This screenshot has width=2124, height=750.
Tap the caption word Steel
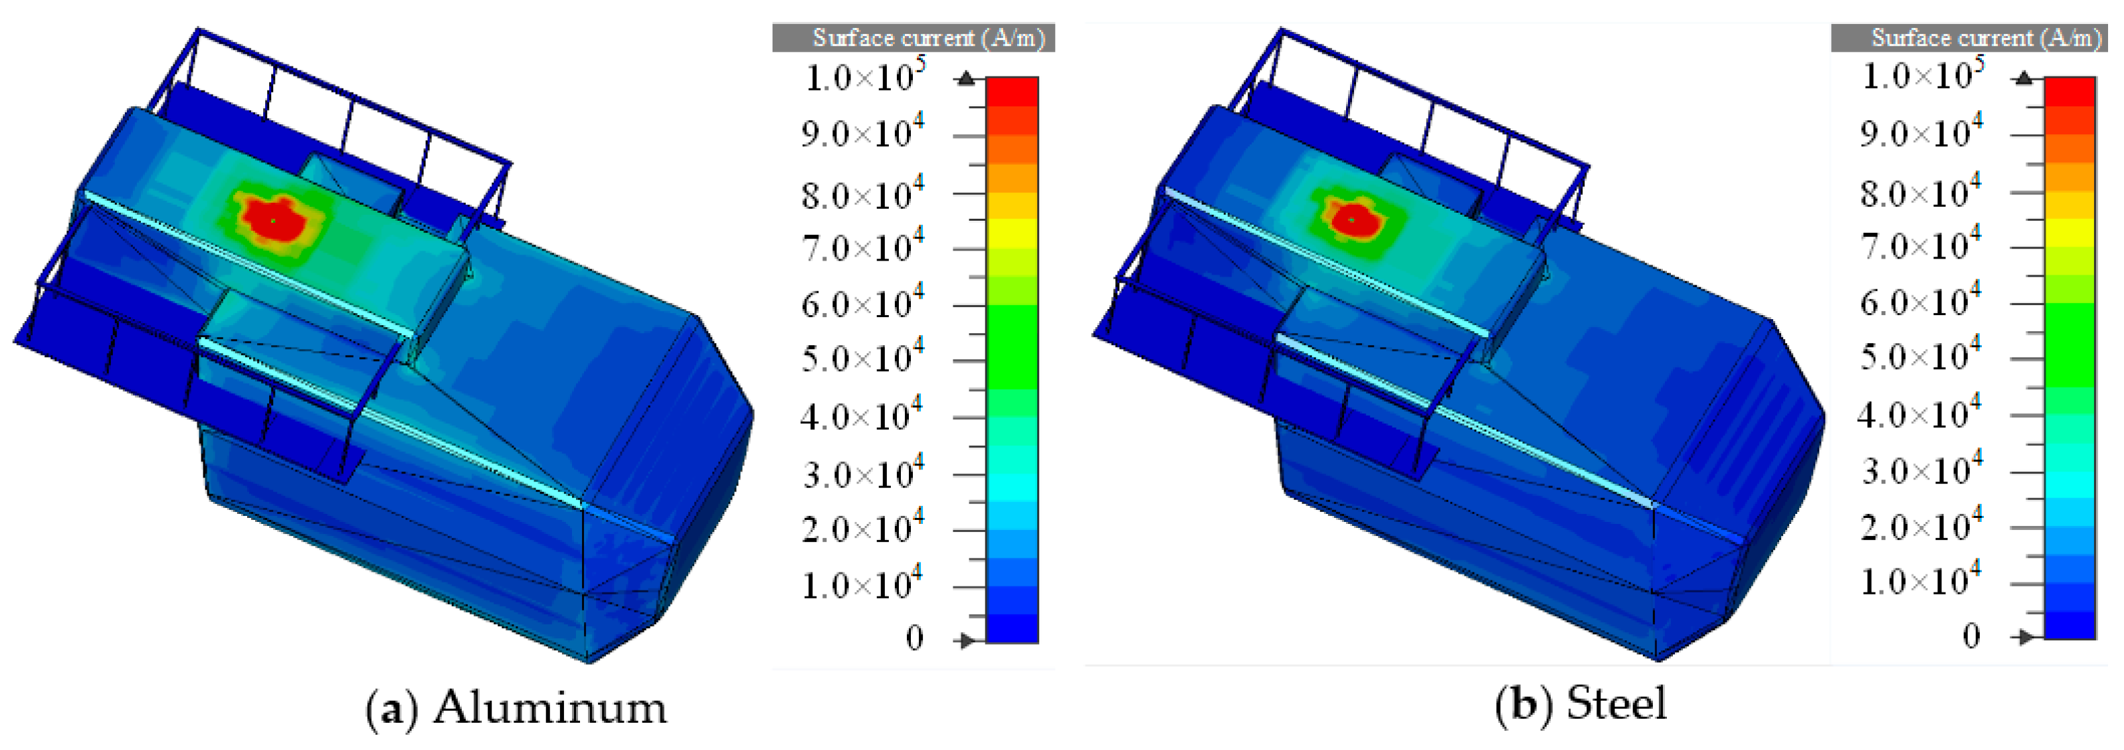tap(1616, 704)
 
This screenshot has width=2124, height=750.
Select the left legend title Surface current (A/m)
tap(928, 38)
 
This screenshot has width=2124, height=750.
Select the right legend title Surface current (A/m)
tap(1987, 38)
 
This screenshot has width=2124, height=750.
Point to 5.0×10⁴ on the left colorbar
tap(862, 356)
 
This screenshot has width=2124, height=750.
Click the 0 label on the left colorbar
tap(914, 638)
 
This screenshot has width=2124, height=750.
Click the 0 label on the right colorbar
tap(1971, 636)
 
